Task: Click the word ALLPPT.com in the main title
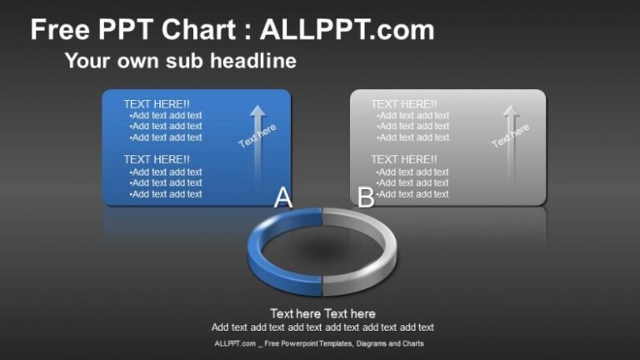pyautogui.click(x=347, y=31)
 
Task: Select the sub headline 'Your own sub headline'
pyautogui.click(x=180, y=61)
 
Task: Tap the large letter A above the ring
pyautogui.click(x=283, y=197)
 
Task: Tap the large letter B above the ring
pyautogui.click(x=365, y=197)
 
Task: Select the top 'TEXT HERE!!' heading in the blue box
pyautogui.click(x=157, y=104)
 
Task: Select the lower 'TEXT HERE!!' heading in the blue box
pyautogui.click(x=157, y=159)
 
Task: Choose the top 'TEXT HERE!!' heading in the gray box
pyautogui.click(x=404, y=104)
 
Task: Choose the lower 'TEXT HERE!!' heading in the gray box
pyautogui.click(x=404, y=159)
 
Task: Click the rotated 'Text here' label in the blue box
pyautogui.click(x=257, y=136)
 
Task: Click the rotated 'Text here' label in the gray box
pyautogui.click(x=510, y=136)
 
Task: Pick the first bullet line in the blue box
pyautogui.click(x=166, y=116)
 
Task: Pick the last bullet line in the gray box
pyautogui.click(x=412, y=194)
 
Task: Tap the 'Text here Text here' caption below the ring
pyautogui.click(x=322, y=313)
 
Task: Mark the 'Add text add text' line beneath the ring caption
pyautogui.click(x=322, y=327)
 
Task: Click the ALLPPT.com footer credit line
pyautogui.click(x=319, y=343)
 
